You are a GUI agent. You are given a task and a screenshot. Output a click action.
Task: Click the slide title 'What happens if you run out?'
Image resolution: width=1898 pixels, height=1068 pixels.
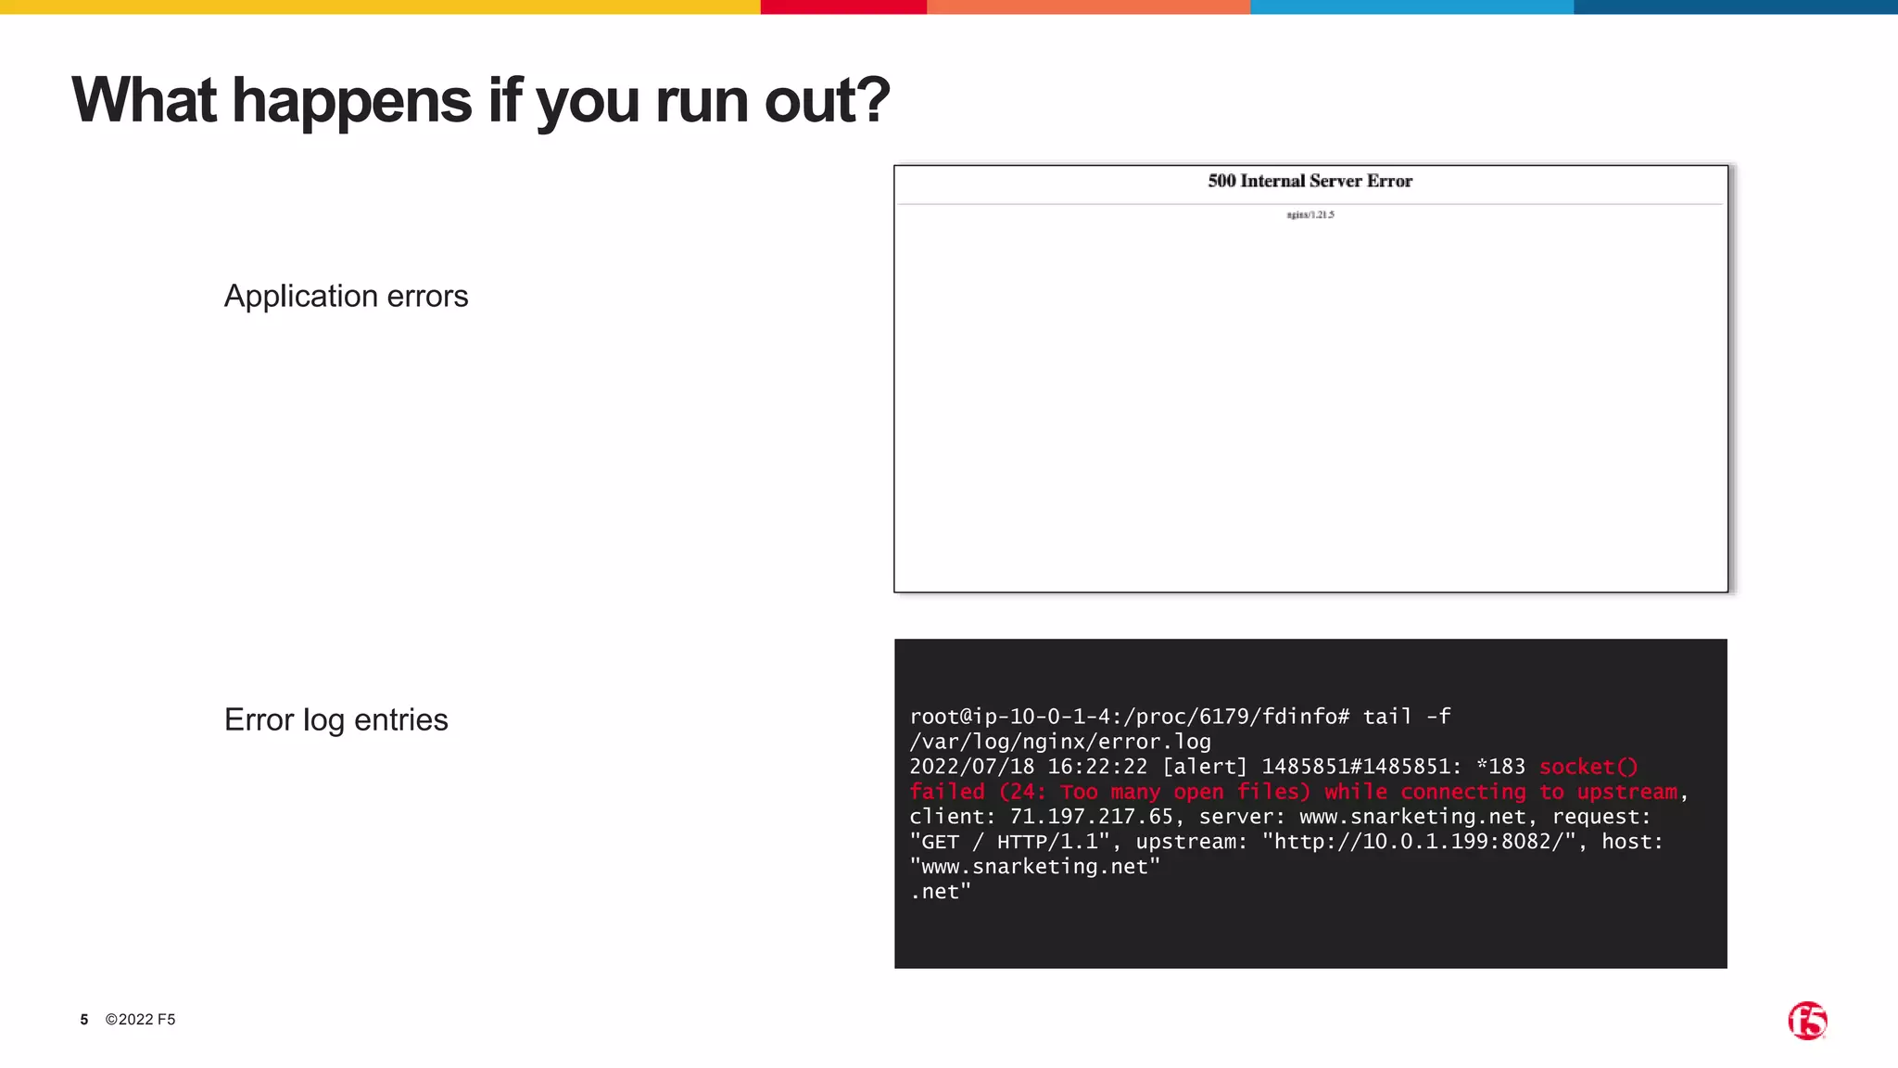[480, 100]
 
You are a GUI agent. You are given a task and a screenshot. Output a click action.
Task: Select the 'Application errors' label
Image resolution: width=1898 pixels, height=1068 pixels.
[346, 296]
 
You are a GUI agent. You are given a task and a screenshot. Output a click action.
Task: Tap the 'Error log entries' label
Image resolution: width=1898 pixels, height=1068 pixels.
[335, 719]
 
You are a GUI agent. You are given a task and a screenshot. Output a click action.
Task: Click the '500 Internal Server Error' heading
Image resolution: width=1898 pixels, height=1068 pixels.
[1310, 181]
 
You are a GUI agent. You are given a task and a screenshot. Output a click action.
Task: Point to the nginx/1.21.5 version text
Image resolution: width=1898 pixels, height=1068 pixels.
[1310, 214]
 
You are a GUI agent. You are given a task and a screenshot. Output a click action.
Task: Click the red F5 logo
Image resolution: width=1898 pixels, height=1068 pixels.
[1807, 1021]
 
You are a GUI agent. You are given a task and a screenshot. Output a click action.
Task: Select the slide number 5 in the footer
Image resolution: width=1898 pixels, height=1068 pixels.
[84, 1020]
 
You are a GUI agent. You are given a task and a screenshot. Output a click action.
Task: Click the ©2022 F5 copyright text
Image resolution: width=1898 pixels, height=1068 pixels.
[140, 1020]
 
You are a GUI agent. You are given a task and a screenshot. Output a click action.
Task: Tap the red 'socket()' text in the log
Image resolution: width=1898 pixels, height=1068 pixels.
[1588, 767]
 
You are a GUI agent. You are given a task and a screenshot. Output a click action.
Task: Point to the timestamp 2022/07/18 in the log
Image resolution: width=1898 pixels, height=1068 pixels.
[971, 767]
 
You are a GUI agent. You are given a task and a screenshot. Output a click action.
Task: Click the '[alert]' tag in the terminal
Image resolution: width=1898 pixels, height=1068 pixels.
[1205, 767]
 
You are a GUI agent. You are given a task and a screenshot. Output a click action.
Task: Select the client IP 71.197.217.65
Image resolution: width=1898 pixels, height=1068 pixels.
[1091, 817]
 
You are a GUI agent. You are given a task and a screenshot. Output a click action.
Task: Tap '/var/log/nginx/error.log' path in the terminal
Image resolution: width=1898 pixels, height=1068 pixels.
[1060, 742]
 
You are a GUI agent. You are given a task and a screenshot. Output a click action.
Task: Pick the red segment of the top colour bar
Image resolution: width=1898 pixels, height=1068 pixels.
[843, 6]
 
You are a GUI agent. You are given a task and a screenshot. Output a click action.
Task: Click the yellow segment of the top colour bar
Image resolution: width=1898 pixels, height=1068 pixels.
[380, 6]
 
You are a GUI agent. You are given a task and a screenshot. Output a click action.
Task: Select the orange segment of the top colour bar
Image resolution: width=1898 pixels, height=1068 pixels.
[1088, 6]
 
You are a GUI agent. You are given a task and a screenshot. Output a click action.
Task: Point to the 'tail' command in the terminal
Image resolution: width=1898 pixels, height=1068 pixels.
[1387, 717]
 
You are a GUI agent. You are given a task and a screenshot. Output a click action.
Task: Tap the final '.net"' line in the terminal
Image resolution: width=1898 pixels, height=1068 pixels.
[941, 892]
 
